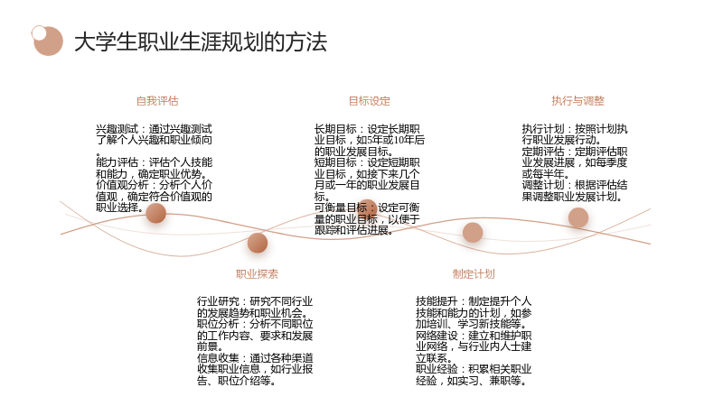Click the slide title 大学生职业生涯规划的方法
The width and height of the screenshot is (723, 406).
click(x=201, y=42)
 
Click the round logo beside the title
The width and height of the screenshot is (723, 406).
click(x=47, y=41)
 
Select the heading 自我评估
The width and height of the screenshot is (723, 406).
click(x=157, y=101)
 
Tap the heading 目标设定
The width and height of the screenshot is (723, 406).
click(x=370, y=101)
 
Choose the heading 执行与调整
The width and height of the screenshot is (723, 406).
click(x=577, y=101)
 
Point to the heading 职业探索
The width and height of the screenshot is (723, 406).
click(x=257, y=274)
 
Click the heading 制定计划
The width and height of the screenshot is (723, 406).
click(x=474, y=274)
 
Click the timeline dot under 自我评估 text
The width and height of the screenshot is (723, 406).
click(x=155, y=213)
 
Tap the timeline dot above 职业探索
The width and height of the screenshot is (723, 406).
click(x=258, y=243)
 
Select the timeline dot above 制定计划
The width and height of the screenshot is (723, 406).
click(x=473, y=233)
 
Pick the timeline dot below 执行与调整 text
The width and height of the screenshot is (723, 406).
click(x=578, y=217)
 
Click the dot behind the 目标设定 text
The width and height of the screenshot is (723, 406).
click(x=368, y=209)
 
